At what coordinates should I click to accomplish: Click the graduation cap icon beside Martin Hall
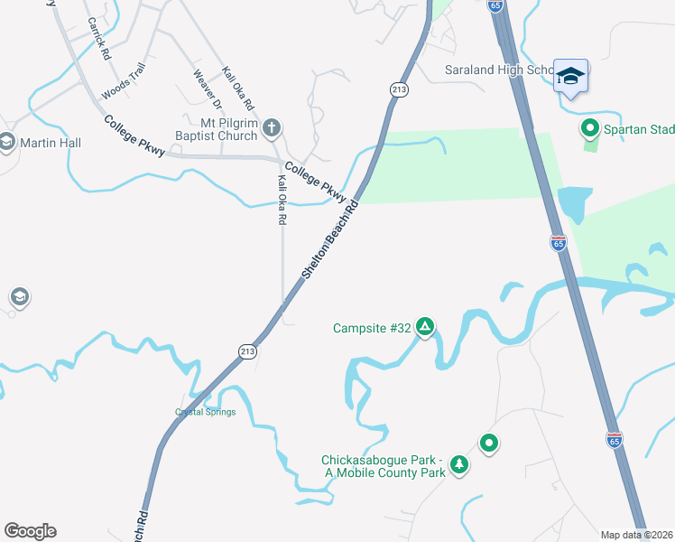tap(7, 142)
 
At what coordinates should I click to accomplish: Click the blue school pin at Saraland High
tap(570, 75)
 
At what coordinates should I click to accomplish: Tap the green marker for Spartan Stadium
tap(590, 128)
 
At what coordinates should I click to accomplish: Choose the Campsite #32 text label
tap(372, 328)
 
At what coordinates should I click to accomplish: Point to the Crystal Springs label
tap(205, 412)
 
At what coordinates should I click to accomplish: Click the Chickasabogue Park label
tap(384, 465)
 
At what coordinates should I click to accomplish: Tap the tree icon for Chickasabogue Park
tap(460, 464)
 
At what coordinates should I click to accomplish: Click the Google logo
tap(30, 530)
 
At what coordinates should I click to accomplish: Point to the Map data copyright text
tap(636, 534)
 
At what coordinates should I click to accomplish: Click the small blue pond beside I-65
tap(574, 204)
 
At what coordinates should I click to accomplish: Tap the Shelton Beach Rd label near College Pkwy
tap(330, 238)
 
